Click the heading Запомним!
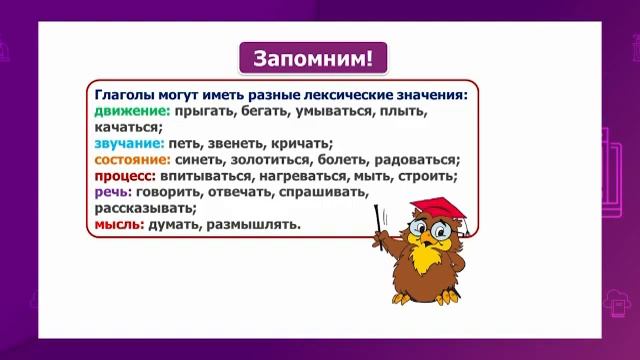pyautogui.click(x=313, y=57)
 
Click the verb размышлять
pyautogui.click(x=254, y=224)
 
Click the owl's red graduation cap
pyautogui.click(x=440, y=209)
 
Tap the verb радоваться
pyautogui.click(x=414, y=159)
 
